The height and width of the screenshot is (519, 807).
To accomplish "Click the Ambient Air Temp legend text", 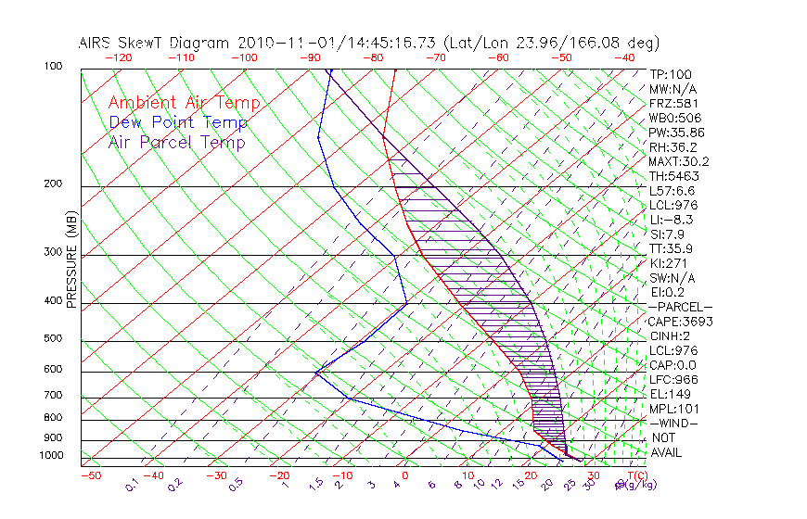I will pyautogui.click(x=184, y=103).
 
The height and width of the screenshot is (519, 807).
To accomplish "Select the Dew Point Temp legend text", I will pyautogui.click(x=178, y=122).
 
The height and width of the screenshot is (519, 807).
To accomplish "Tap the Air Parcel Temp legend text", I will pyautogui.click(x=177, y=142).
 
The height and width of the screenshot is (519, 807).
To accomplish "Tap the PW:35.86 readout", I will pyautogui.click(x=677, y=133).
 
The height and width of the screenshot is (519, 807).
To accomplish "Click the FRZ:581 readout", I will pyautogui.click(x=673, y=104).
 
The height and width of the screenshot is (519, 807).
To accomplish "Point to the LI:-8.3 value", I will pyautogui.click(x=672, y=220).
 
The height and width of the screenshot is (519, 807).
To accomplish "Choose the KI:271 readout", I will pyautogui.click(x=668, y=263).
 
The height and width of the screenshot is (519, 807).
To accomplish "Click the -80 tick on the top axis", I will pyautogui.click(x=373, y=57).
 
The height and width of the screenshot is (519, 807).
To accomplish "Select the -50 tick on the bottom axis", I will pyautogui.click(x=90, y=475).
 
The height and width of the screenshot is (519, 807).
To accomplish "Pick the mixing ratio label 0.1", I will pyautogui.click(x=132, y=485).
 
